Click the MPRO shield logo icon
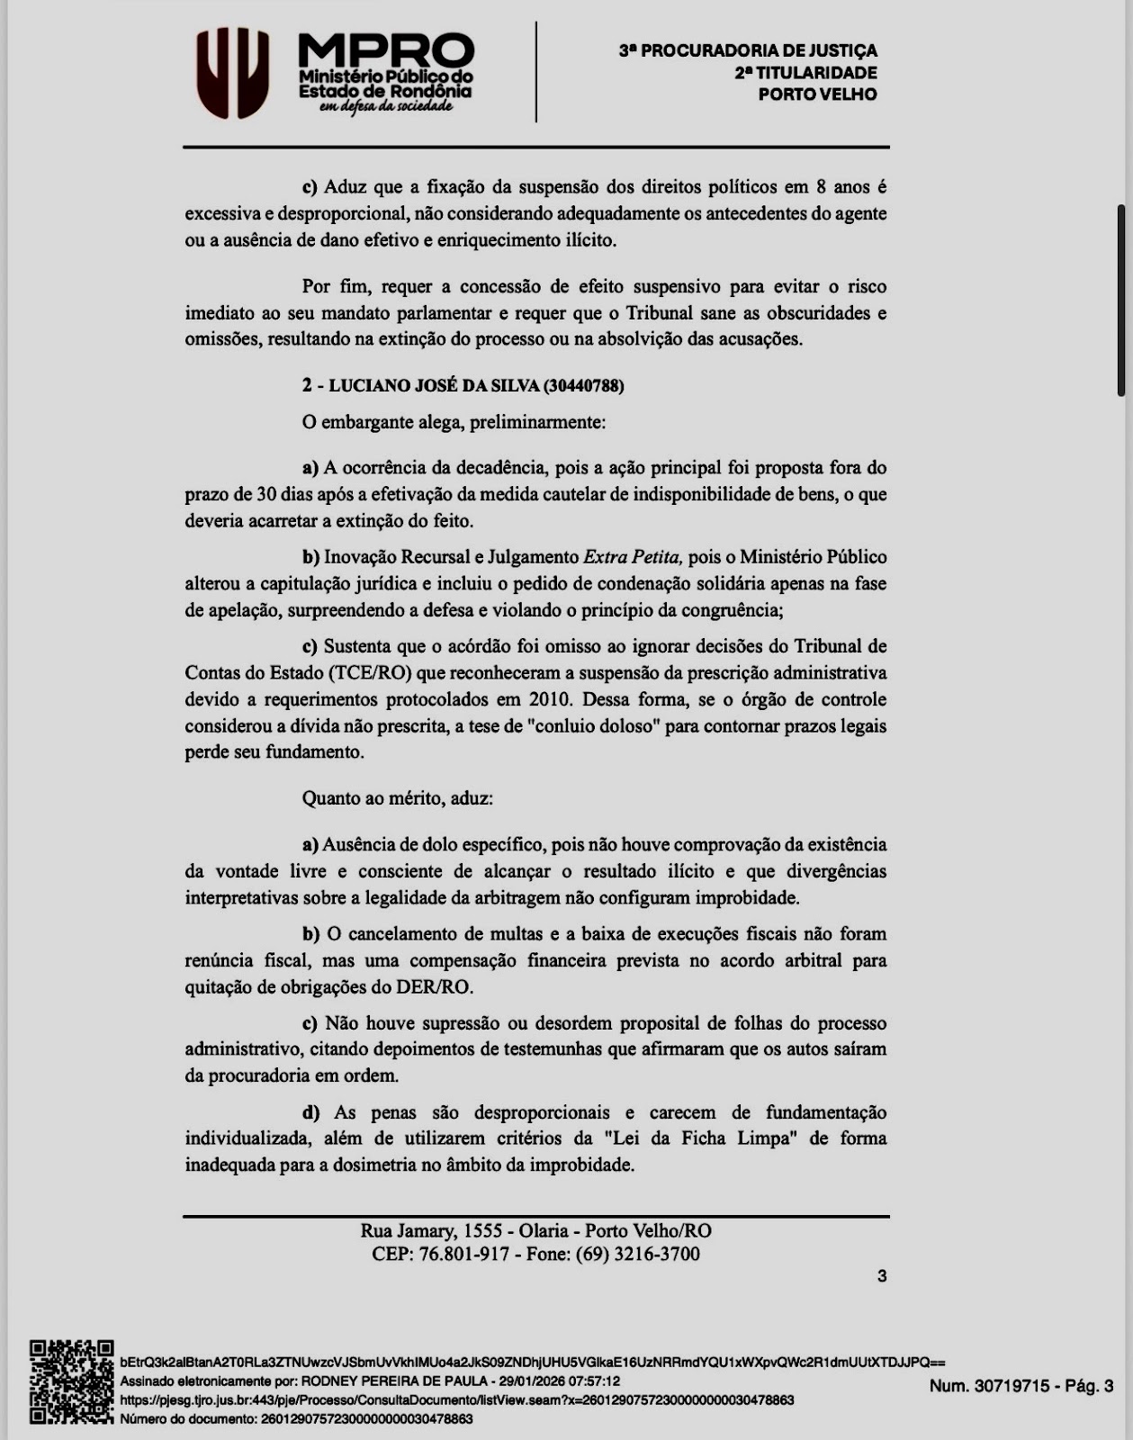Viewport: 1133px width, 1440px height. point(233,73)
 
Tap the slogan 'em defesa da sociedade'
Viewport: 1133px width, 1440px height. point(385,107)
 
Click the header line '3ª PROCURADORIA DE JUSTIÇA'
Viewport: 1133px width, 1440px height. point(747,51)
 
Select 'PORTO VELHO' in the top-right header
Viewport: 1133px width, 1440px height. point(817,94)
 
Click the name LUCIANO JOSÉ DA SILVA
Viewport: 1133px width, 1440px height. point(434,386)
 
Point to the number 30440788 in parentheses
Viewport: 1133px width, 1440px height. point(584,386)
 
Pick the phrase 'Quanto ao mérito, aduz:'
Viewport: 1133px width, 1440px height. point(398,798)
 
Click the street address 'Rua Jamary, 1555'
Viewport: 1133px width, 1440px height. point(431,1231)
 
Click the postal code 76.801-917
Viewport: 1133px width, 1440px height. point(464,1255)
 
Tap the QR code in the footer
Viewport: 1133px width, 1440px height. point(71,1382)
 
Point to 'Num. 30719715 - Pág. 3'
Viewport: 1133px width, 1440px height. point(1021,1386)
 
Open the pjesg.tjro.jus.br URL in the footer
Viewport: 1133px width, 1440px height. point(456,1399)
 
